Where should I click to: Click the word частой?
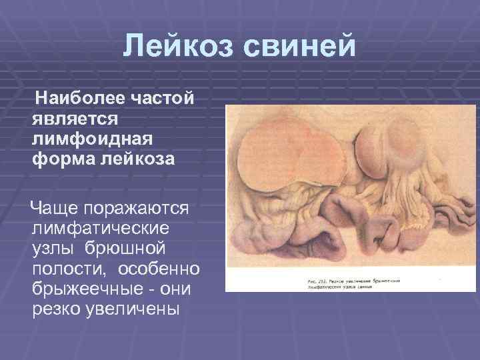tap(161, 99)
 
